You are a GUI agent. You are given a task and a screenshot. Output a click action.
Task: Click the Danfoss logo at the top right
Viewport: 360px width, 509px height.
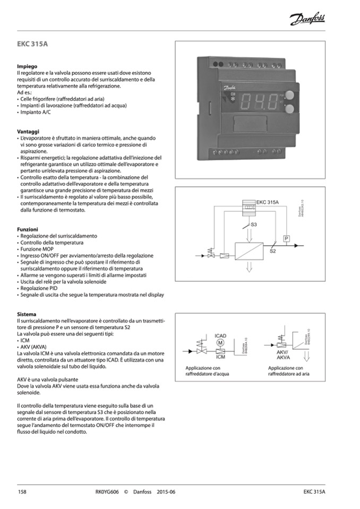click(x=307, y=20)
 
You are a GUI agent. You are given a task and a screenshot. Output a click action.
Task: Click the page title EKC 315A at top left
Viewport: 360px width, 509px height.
click(x=32, y=44)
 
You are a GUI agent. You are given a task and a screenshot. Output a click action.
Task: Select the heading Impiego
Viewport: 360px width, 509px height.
click(x=27, y=66)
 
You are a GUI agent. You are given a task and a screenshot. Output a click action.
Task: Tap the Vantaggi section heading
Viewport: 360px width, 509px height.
click(x=28, y=131)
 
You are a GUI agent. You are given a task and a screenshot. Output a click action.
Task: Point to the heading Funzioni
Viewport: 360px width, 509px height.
click(x=28, y=229)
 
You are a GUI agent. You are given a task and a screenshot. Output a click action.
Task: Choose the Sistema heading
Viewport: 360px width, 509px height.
click(x=27, y=314)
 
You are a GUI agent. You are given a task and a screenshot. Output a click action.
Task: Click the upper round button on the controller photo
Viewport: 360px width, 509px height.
click(x=289, y=96)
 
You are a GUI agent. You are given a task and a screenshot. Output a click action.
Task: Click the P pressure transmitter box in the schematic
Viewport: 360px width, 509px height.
click(x=286, y=238)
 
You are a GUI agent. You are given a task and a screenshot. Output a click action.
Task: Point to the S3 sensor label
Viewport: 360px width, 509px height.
click(x=254, y=226)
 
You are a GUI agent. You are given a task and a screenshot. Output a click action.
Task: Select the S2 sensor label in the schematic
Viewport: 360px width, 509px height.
click(x=272, y=251)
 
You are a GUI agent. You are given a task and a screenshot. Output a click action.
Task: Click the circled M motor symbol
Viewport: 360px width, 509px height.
click(x=221, y=342)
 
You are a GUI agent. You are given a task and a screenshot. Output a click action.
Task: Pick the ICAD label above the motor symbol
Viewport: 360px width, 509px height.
click(x=221, y=335)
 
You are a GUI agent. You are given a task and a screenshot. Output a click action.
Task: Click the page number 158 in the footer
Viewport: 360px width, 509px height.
click(x=22, y=492)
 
